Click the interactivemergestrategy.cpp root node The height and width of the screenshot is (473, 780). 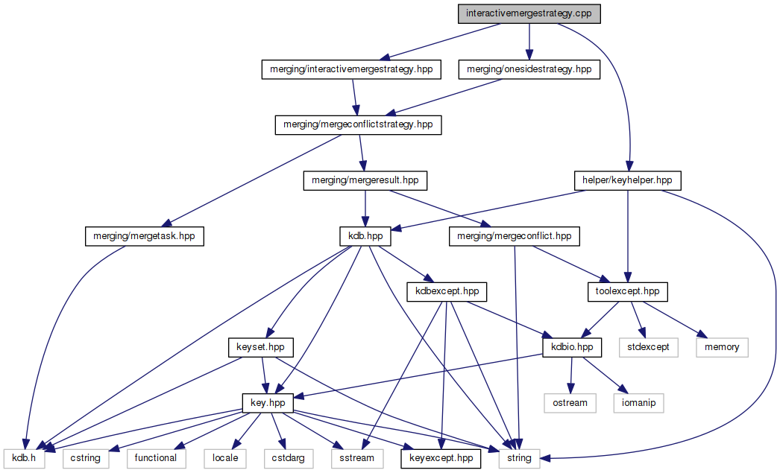point(529,13)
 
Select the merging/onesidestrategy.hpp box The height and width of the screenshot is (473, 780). point(529,69)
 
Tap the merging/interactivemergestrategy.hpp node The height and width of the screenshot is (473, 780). point(350,69)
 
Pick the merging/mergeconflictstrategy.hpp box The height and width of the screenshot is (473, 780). point(359,124)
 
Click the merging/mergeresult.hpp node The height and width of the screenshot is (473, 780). point(364,180)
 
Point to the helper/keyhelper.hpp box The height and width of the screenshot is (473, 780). point(628,180)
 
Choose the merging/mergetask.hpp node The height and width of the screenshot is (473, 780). point(145,236)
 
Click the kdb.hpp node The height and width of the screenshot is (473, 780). point(365,236)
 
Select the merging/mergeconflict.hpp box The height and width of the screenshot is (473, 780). point(514,236)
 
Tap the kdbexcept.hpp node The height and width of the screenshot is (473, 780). point(443,291)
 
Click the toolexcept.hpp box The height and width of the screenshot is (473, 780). point(628,291)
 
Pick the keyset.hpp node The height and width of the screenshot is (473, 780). point(261,347)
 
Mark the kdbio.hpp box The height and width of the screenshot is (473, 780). point(572,347)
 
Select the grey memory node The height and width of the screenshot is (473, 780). point(722,347)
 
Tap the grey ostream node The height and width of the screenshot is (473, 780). point(570,403)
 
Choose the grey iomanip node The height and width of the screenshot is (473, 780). point(638,403)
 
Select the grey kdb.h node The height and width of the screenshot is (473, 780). point(24,458)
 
